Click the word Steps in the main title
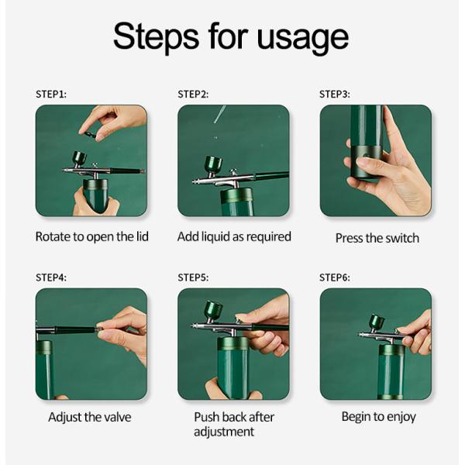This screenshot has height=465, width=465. (156, 37)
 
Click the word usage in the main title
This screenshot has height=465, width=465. (303, 40)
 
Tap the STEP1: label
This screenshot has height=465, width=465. (51, 95)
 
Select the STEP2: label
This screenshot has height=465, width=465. (193, 95)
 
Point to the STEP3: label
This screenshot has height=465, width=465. (335, 95)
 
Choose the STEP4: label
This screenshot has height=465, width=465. (51, 277)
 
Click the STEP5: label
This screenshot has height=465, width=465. (193, 277)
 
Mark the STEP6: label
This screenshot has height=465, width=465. (335, 277)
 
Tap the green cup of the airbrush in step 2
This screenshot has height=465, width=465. (213, 164)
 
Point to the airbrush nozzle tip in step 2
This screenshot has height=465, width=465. (193, 181)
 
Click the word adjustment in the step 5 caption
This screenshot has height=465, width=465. (224, 432)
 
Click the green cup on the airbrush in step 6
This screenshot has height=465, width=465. (377, 322)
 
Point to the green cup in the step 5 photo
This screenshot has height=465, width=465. (213, 309)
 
